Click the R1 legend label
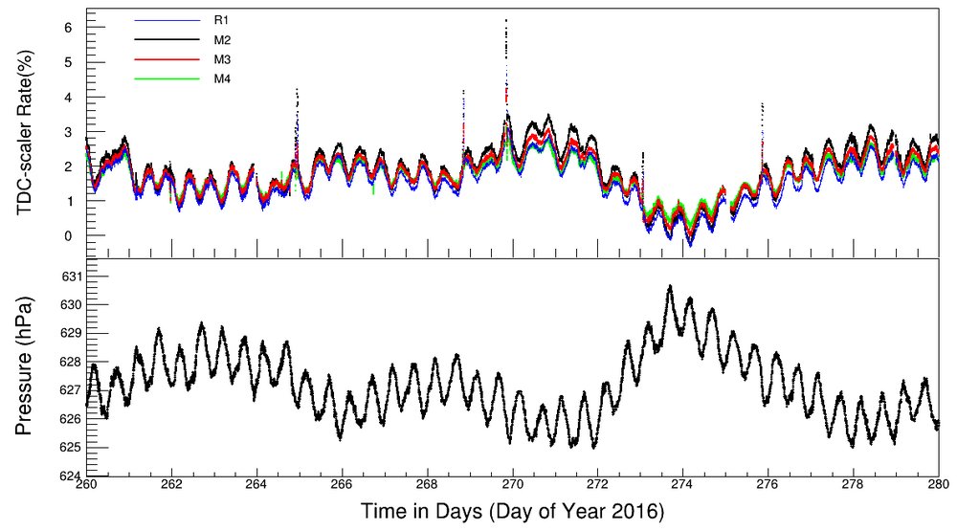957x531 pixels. point(219,18)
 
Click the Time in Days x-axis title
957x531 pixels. point(512,513)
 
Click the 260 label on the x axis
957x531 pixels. point(86,486)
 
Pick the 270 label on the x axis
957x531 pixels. point(513,486)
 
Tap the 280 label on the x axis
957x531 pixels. point(938,486)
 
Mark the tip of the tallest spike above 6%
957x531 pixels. point(506,20)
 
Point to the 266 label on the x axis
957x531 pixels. point(343,486)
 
